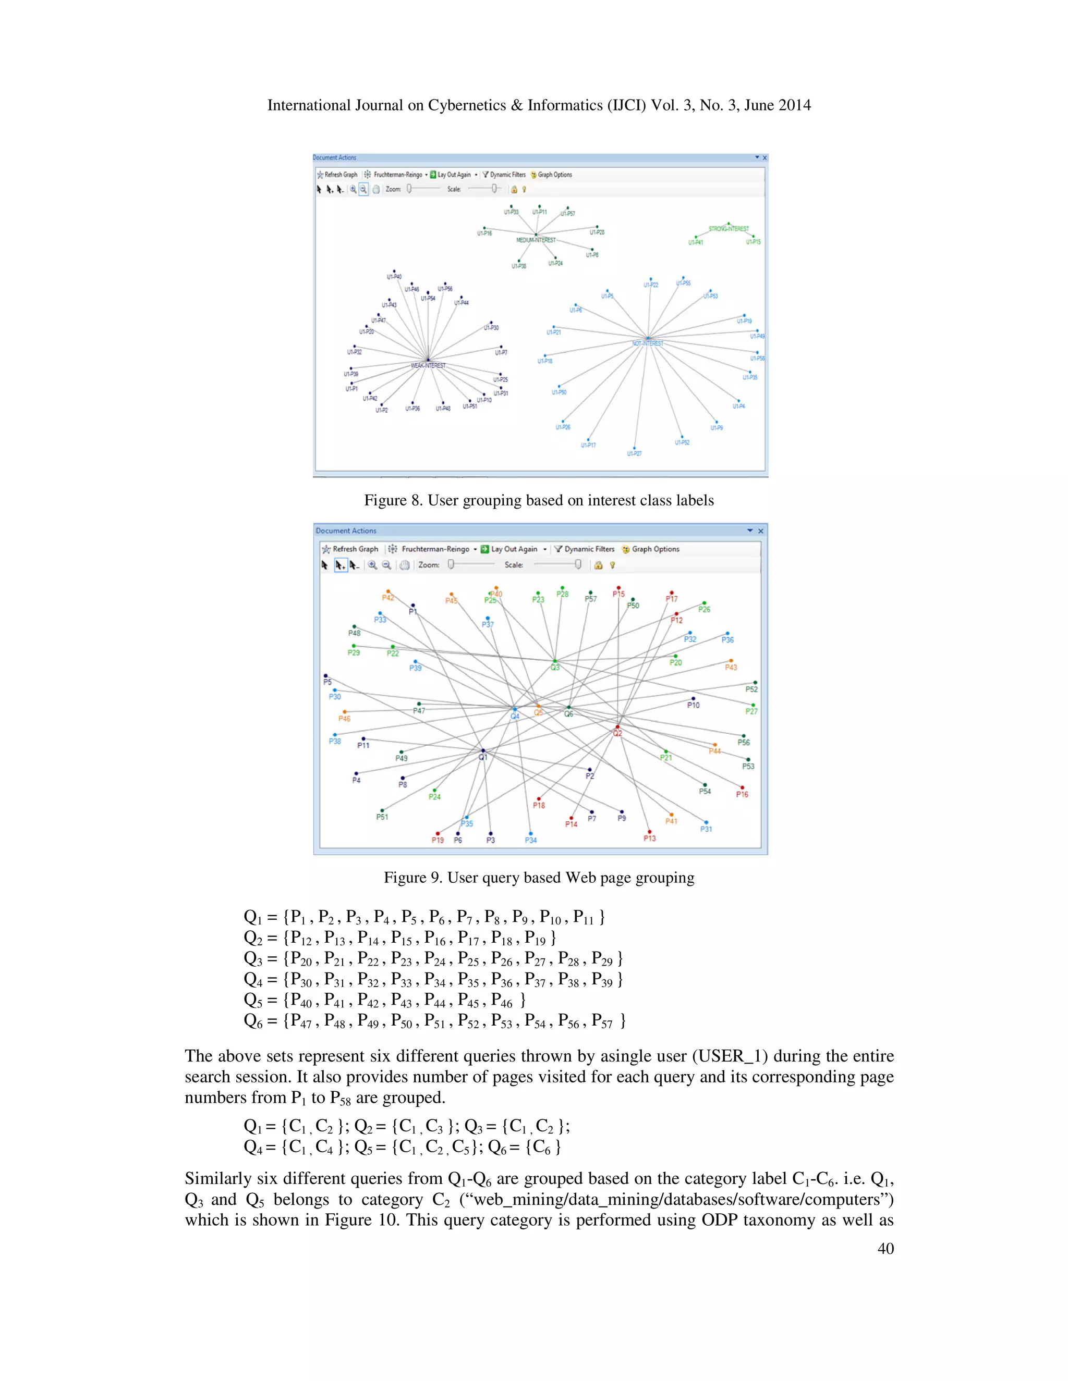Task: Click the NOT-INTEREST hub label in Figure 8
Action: [648, 343]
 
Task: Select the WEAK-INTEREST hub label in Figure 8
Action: [428, 365]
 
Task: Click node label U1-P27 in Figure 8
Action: [634, 453]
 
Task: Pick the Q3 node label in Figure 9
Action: [555, 667]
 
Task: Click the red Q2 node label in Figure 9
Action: [617, 734]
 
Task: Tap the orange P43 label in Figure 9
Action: [731, 667]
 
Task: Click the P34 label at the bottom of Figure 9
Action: [530, 841]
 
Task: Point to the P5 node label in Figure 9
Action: [327, 682]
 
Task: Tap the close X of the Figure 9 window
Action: [760, 531]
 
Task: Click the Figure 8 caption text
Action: [538, 501]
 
